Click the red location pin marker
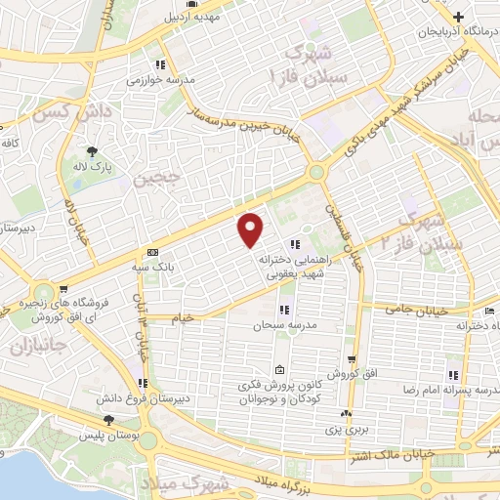click(x=251, y=229)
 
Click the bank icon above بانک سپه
click(x=151, y=251)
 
